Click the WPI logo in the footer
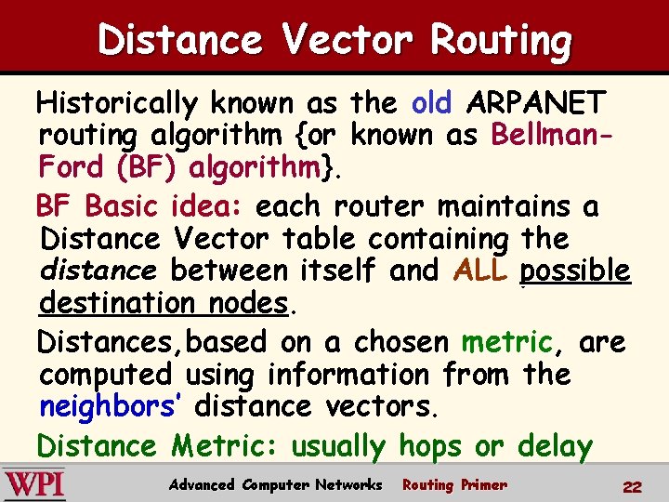[34, 484]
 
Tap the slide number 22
[632, 486]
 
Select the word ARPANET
[538, 102]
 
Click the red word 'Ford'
[72, 167]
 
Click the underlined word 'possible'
[575, 271]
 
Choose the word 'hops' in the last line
[429, 446]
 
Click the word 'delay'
[555, 446]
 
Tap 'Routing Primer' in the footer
[454, 484]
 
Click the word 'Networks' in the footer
[348, 484]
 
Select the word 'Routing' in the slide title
[501, 39]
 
